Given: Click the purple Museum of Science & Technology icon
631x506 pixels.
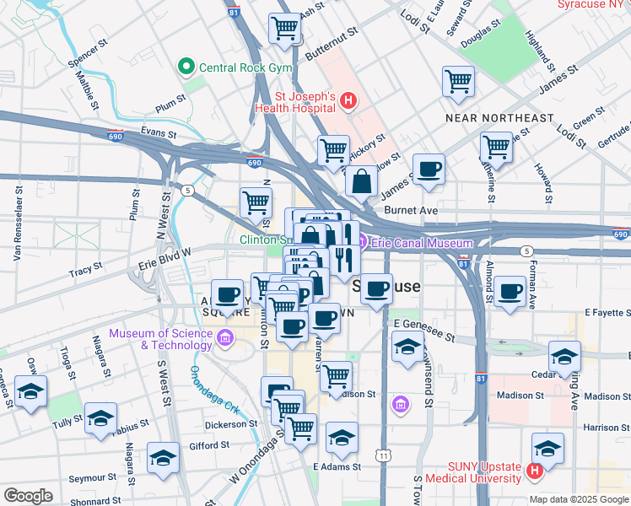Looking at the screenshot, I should [x=225, y=339].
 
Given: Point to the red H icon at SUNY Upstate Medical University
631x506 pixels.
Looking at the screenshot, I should [x=533, y=471].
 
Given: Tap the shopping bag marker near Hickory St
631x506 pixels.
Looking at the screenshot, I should [x=362, y=180].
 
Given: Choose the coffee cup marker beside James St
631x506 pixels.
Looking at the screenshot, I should [x=429, y=169].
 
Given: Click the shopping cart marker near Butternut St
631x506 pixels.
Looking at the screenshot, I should [x=284, y=28].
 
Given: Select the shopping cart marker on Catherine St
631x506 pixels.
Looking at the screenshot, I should [x=496, y=146].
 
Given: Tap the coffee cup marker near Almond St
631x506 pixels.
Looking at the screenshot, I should [x=510, y=292].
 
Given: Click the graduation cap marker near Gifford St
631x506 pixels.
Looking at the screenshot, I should [x=163, y=457].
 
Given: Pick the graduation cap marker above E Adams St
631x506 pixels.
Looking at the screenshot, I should [x=342, y=437].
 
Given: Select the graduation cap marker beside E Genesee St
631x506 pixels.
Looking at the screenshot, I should [x=407, y=347].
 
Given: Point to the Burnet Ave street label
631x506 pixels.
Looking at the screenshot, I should [x=411, y=209].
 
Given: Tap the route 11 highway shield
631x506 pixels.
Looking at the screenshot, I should [x=384, y=455].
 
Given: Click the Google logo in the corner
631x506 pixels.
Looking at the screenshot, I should [x=28, y=496].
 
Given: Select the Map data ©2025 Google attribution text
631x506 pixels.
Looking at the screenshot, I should [x=578, y=499].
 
